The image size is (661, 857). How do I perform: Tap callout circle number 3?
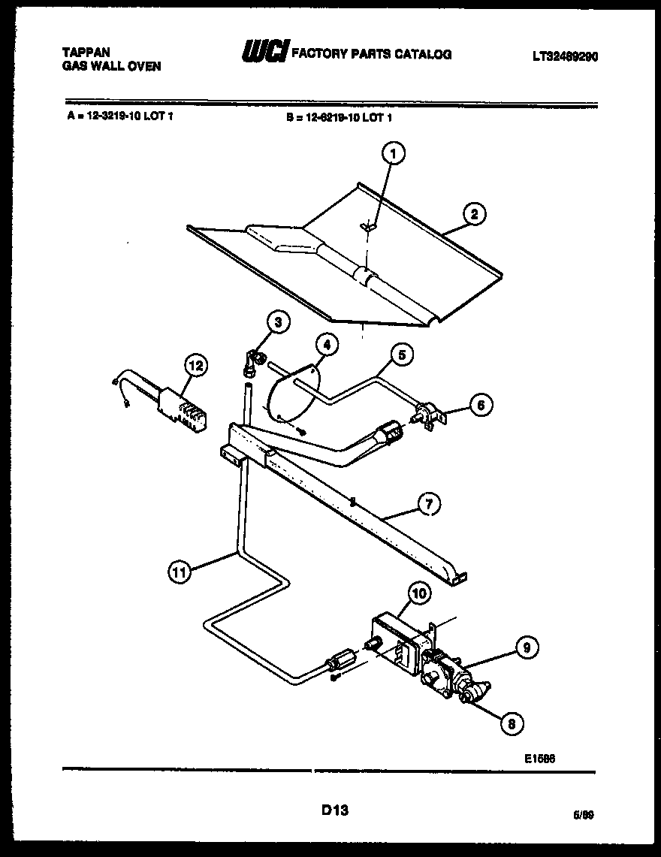[278, 323]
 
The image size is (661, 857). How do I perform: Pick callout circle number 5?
[402, 355]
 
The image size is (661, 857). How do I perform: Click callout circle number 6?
[481, 405]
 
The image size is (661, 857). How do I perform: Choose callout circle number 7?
[428, 505]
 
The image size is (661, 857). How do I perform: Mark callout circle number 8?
[511, 723]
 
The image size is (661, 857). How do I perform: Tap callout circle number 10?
[419, 593]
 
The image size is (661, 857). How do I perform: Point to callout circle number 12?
[195, 366]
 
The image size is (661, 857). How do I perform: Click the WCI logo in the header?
[264, 52]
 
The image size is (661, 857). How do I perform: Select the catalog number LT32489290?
[565, 56]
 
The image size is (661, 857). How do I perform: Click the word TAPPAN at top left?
[85, 52]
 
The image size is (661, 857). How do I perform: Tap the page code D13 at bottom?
[335, 810]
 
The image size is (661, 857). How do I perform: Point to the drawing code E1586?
[539, 758]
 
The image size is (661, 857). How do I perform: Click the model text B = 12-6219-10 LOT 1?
[340, 117]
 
